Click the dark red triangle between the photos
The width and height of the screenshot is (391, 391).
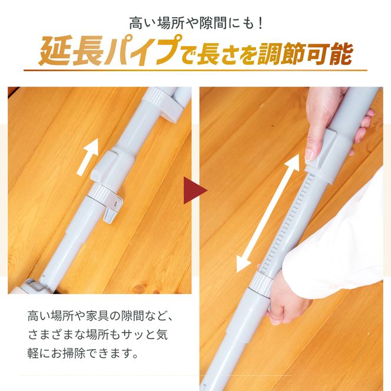(x=193, y=190)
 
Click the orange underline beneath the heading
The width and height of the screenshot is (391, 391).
(x=195, y=71)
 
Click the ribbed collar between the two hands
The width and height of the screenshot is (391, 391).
(x=263, y=281)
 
